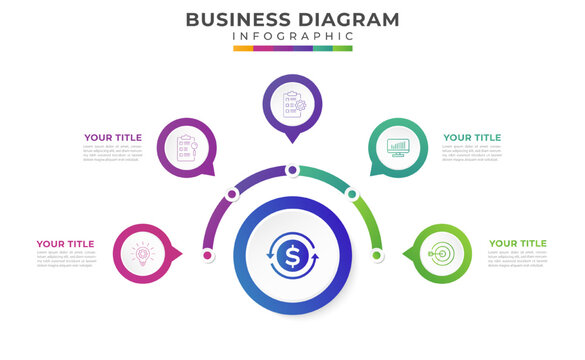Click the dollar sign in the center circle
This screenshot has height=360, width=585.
[x=292, y=257]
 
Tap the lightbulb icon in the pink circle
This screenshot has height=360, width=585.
[x=142, y=254]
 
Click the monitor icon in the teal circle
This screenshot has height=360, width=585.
[x=398, y=148]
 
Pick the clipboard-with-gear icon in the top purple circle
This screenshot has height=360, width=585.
[x=292, y=104]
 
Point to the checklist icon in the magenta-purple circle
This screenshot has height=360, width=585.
[x=186, y=148]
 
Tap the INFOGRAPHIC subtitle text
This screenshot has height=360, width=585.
[x=292, y=37]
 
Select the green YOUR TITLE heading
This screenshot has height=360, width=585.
[x=517, y=243]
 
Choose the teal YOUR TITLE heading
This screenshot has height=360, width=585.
[x=472, y=138]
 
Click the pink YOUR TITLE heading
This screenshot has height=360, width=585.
[x=65, y=243]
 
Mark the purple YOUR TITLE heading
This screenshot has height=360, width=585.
[x=113, y=138]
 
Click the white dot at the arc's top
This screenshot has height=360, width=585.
[x=292, y=170]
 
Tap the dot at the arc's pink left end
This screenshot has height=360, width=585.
[x=207, y=255]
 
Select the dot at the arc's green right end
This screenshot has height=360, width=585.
[x=377, y=255]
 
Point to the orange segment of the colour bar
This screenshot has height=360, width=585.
[x=243, y=48]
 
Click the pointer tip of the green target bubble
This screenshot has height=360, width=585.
[x=405, y=254]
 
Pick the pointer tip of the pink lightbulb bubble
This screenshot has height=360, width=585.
[x=180, y=254]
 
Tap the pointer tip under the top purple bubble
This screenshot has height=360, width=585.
[x=292, y=141]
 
